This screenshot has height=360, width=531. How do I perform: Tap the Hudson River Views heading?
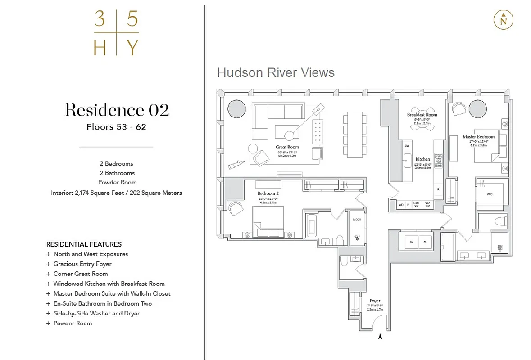(276, 72)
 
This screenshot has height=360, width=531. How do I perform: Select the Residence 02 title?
(117, 110)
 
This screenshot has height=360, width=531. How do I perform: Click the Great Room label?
(287, 147)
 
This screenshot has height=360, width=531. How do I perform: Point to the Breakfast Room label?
(422, 115)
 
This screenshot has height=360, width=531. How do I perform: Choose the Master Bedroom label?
(479, 137)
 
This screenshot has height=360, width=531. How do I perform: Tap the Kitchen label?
(422, 159)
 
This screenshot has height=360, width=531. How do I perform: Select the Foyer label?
(375, 301)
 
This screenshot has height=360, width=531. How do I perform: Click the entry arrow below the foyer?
(380, 336)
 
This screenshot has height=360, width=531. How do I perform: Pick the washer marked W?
(411, 242)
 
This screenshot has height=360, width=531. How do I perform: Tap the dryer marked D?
(425, 242)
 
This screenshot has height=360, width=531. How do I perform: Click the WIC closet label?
(490, 195)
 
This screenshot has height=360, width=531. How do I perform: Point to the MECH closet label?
(358, 220)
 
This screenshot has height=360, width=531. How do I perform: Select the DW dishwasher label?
(407, 146)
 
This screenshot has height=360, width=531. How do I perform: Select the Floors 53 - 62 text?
(117, 127)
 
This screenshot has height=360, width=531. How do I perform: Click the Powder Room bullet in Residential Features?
(73, 323)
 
